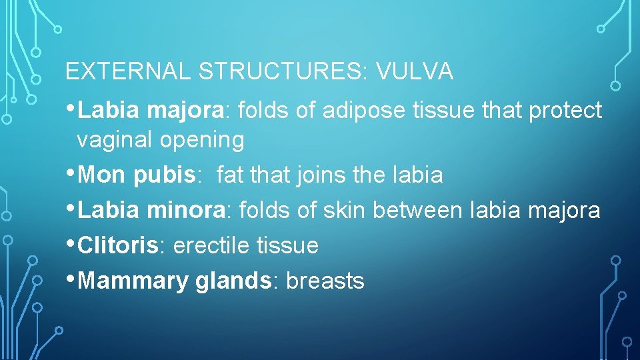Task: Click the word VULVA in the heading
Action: coord(415,72)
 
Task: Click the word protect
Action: coord(565,111)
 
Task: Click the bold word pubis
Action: coord(163,175)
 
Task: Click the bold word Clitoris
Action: coord(119,245)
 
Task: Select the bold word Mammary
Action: coord(134,281)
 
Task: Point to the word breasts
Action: coord(325,281)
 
